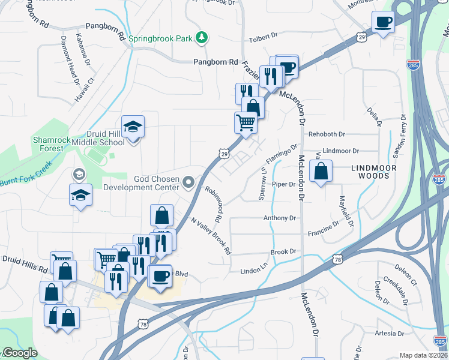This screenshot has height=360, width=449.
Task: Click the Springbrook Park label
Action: pos(160,38)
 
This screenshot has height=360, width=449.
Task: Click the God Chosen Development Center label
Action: pos(142,182)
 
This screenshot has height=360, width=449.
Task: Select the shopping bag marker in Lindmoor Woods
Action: pos(322,172)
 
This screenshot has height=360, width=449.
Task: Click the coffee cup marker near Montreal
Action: pos(382,23)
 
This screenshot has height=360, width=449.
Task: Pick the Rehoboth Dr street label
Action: pos(327,134)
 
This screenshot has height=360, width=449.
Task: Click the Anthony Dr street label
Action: pos(280,218)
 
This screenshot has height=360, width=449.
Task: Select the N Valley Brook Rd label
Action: pos(211,236)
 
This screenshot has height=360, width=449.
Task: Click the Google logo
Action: pos(20,353)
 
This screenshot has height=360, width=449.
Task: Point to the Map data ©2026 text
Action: pos(423,355)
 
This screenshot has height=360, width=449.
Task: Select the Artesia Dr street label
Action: pos(389,333)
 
